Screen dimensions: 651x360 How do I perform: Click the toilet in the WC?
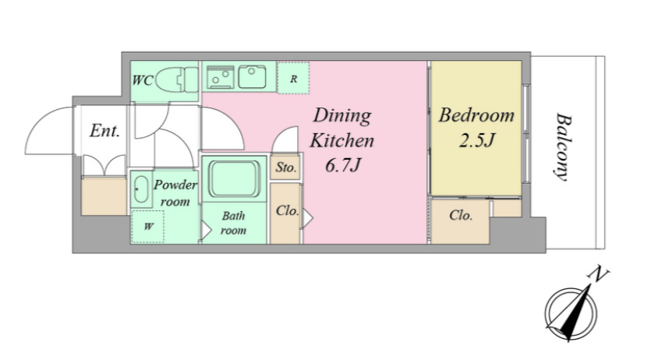tap(177, 80)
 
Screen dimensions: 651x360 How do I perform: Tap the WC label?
tap(143, 80)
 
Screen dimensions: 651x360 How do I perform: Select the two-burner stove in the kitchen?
tap(220, 76)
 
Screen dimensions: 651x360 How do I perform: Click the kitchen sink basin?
tap(252, 76)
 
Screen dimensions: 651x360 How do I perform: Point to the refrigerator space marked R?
tap(293, 79)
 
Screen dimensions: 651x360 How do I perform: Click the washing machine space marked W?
tap(148, 227)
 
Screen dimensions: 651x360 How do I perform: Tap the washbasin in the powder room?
tap(141, 189)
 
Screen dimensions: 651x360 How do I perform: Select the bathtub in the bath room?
tap(235, 178)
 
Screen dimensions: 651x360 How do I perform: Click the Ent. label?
tap(104, 131)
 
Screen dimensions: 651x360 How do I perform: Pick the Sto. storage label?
tap(286, 168)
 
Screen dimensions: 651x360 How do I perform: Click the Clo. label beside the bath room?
tap(288, 210)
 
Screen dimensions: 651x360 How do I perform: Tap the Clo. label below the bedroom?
tap(461, 215)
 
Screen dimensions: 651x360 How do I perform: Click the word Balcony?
tap(563, 146)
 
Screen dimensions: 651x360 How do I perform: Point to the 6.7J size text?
tap(342, 166)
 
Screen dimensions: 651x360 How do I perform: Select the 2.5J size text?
tap(477, 141)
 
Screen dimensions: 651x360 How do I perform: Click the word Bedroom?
tap(476, 115)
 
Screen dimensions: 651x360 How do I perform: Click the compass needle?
tap(575, 312)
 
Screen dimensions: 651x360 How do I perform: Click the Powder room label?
tap(175, 193)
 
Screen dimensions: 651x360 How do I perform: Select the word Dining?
tap(342, 116)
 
